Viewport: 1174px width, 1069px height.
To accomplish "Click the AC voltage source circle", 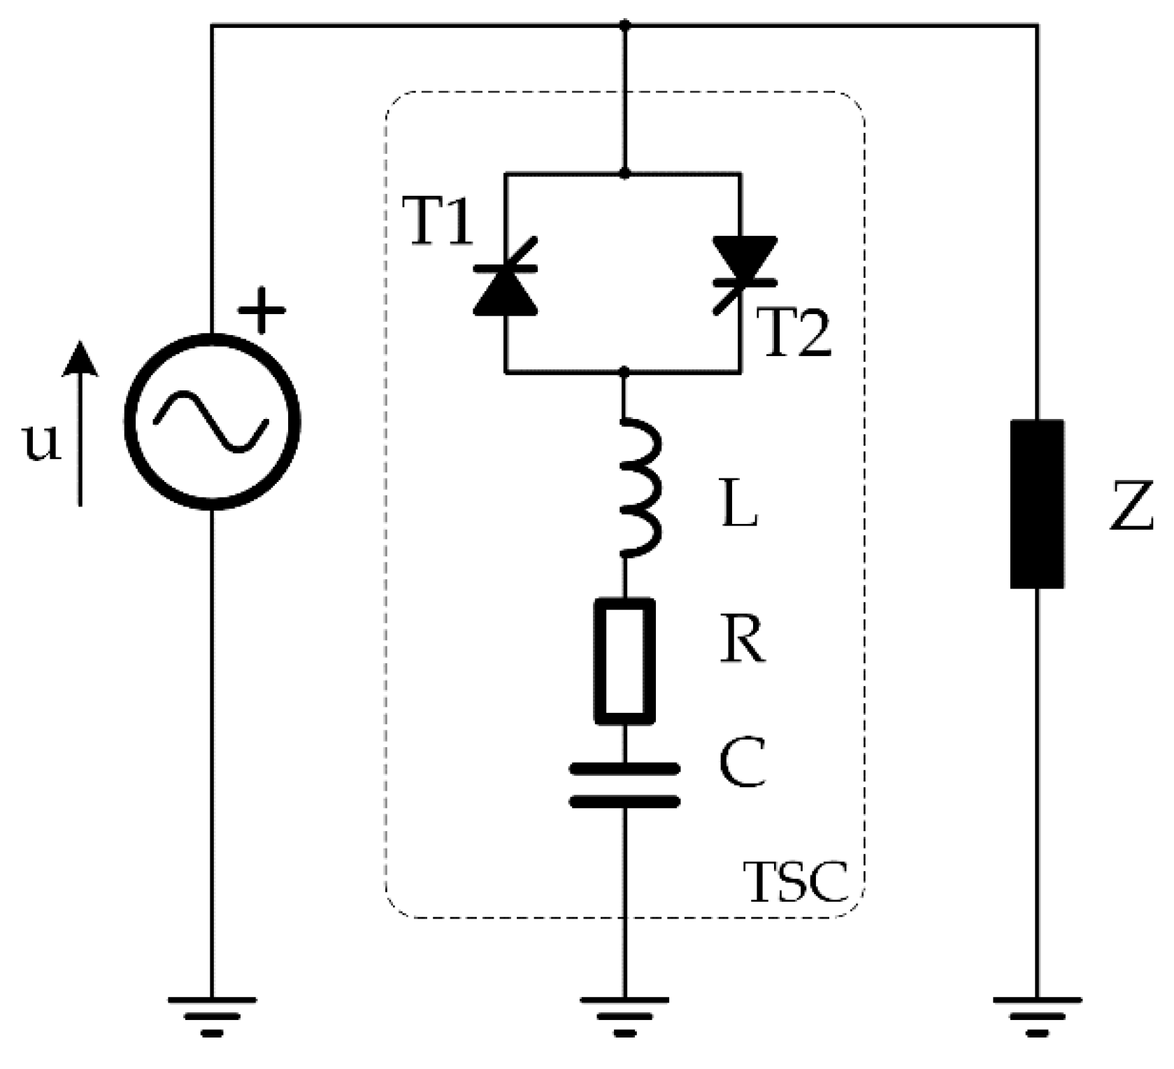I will (x=213, y=422).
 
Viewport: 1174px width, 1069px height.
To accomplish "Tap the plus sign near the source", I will (x=262, y=309).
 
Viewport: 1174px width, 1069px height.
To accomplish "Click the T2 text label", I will (x=794, y=334).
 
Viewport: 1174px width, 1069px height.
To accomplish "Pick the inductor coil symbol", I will (x=638, y=488).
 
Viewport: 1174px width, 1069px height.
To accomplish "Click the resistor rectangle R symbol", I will (x=624, y=660).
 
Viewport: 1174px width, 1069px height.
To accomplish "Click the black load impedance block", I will (x=1037, y=504).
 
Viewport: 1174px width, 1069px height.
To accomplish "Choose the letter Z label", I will (x=1131, y=505).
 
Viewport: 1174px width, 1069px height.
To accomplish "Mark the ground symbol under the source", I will (x=213, y=1015).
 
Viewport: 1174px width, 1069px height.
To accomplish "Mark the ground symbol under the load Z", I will (x=1037, y=1015).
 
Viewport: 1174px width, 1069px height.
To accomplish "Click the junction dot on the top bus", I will (x=625, y=26).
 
